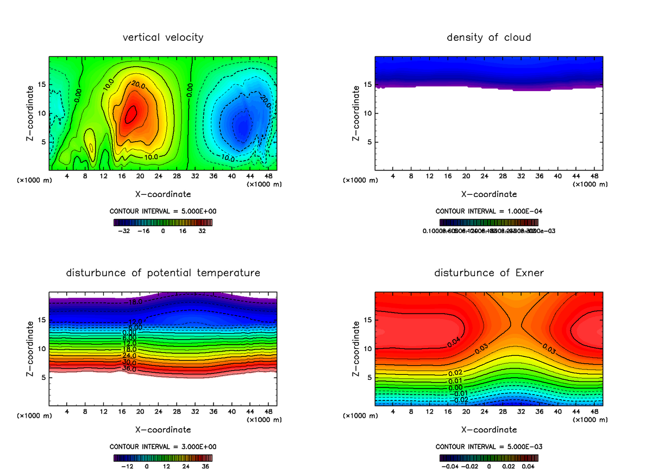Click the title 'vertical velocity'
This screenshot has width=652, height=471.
tap(163, 37)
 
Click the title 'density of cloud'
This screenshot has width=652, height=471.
tap(488, 37)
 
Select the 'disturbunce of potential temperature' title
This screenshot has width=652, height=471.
tap(163, 272)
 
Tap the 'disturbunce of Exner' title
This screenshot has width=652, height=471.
tap(488, 272)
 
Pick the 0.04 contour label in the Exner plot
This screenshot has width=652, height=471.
tap(454, 342)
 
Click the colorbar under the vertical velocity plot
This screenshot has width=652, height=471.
tap(163, 222)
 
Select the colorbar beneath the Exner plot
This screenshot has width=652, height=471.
tap(488, 457)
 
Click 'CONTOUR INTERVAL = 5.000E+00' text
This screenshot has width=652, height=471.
tap(163, 211)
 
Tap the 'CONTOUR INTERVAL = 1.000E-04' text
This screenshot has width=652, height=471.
tap(488, 211)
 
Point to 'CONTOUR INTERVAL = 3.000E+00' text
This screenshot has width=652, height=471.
tap(163, 447)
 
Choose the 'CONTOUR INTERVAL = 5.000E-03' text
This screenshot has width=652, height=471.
tap(488, 447)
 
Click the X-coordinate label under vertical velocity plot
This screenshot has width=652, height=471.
tap(163, 194)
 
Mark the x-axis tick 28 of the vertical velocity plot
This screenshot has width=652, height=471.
tap(177, 176)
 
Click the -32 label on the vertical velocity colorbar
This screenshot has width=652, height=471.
tap(126, 231)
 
